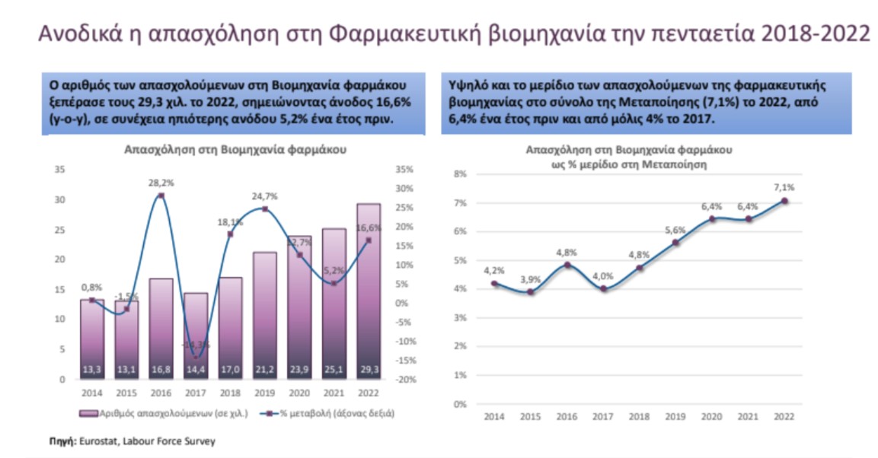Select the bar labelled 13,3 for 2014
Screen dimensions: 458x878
(x=92, y=335)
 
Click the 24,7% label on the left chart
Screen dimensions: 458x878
(x=265, y=196)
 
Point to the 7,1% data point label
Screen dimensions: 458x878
(x=784, y=188)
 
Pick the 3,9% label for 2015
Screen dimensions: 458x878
(x=531, y=280)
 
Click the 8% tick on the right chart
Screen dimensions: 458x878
(x=459, y=174)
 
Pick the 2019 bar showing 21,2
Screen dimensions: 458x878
(x=264, y=312)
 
